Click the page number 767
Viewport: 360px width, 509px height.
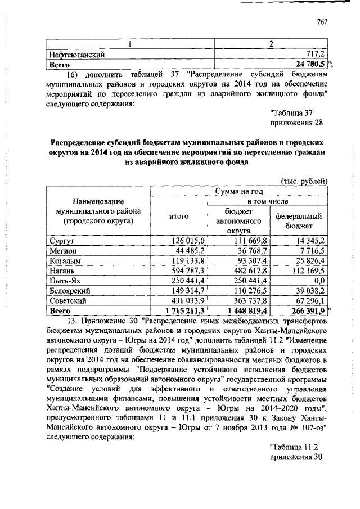click(x=322, y=22)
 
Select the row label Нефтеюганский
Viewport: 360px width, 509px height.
click(x=76, y=55)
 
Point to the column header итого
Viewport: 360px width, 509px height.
click(x=179, y=216)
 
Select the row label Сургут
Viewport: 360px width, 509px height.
click(x=60, y=240)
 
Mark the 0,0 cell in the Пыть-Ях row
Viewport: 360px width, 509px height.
click(x=321, y=281)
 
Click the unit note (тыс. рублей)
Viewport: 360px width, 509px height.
click(x=303, y=180)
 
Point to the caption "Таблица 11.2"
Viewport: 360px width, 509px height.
click(x=295, y=447)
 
